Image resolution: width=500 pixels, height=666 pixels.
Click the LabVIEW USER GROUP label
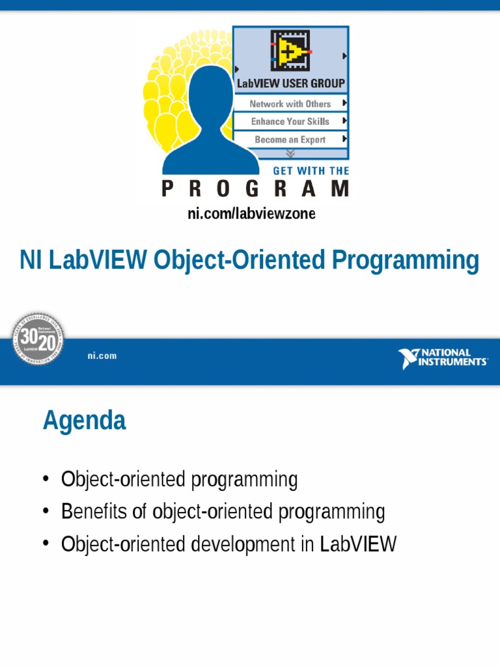pos(290,84)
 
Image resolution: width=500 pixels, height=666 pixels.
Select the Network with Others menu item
pos(290,104)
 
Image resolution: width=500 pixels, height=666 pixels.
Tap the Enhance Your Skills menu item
pos(290,122)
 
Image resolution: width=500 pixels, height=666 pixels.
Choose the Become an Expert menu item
pos(290,140)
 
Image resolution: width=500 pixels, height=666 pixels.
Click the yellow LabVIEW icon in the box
pos(290,50)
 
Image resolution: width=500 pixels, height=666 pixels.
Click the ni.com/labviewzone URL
pos(251,213)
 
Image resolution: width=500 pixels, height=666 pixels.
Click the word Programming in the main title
pos(405,261)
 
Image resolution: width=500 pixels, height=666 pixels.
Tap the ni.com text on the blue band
pos(102,356)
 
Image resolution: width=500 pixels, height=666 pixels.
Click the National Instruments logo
pos(443,358)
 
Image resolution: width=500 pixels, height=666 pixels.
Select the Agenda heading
pos(84,421)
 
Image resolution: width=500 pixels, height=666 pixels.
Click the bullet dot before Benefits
pos(46,513)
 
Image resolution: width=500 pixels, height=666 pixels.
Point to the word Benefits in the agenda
pos(94,513)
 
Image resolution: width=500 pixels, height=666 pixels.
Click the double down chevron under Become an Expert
pos(290,153)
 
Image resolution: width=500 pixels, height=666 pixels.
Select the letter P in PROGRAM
pos(168,189)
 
